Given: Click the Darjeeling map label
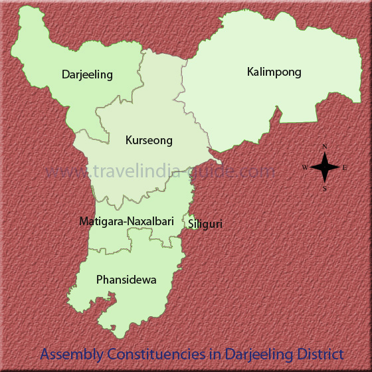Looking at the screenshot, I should pyautogui.click(x=86, y=74).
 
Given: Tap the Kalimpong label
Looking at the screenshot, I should pyautogui.click(x=274, y=72).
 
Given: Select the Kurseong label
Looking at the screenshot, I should pyautogui.click(x=149, y=140).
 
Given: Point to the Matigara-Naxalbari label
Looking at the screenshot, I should pyautogui.click(x=126, y=221).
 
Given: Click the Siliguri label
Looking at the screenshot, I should pyautogui.click(x=205, y=224).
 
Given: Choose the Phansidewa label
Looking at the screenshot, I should pyautogui.click(x=126, y=280).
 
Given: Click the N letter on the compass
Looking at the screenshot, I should pyautogui.click(x=325, y=146).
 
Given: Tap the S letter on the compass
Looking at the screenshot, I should pyautogui.click(x=325, y=189).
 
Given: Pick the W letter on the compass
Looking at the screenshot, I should pyautogui.click(x=305, y=167).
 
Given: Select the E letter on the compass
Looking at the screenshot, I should pyautogui.click(x=345, y=167).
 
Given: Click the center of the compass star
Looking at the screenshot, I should pyautogui.click(x=325, y=167).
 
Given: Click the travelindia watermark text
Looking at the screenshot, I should pyautogui.click(x=160, y=171).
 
